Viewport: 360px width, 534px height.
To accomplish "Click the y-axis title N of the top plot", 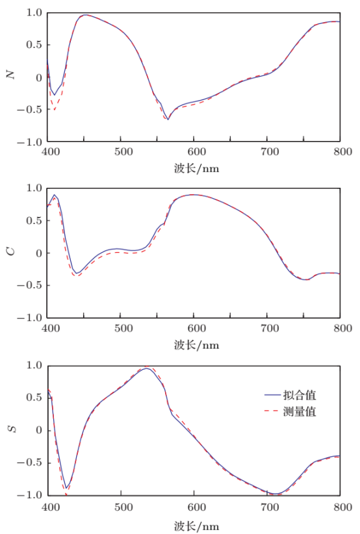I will pos(10,75).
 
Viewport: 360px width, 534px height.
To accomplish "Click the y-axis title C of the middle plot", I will pos(10,251).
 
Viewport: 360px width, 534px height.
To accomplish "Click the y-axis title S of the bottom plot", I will pos(10,429).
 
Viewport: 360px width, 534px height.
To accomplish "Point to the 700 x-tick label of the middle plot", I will pos(266,329).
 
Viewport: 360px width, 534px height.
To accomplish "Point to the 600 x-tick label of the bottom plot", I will pos(194,506).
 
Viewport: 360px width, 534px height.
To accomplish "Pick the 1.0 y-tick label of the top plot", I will pos(34,13).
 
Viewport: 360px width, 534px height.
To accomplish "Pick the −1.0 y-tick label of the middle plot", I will pos(31,318).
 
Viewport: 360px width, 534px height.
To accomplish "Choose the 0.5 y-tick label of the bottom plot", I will pos(34,398).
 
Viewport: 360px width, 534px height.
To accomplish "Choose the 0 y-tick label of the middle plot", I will pos(38,253).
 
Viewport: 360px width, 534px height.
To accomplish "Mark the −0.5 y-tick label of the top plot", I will pos(31,109).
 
